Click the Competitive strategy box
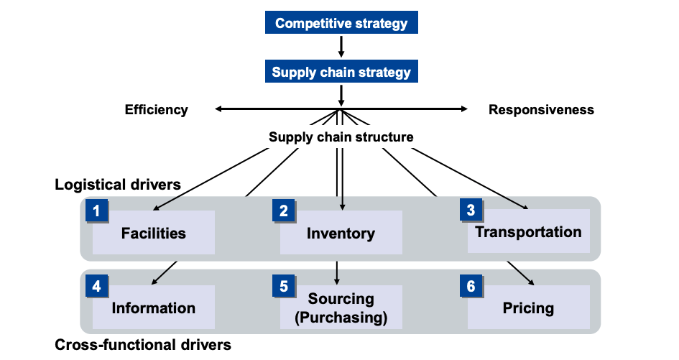pos(341,23)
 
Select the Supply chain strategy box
pos(341,72)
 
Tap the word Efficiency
pos(156,110)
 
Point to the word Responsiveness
pos(541,110)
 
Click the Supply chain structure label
pos(341,137)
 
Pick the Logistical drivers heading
pos(118,185)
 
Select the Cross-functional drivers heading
pos(143,345)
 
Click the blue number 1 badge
pos(96,211)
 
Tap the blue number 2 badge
pos(284,211)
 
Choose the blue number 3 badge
pos(471,211)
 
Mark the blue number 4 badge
pos(96,286)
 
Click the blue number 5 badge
pos(284,286)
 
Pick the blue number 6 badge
pos(471,286)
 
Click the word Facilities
pos(154,233)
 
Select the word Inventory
pos(341,233)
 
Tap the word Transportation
pos(528,231)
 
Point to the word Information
pos(154,308)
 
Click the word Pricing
pos(528,308)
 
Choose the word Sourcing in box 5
pos(341,299)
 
